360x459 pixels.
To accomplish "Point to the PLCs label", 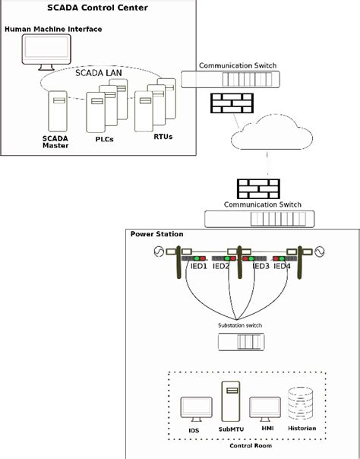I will click(x=104, y=138).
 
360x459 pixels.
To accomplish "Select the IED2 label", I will click(x=221, y=267).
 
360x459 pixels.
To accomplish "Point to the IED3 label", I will click(x=260, y=267).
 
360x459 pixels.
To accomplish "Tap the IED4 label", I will click(x=283, y=267).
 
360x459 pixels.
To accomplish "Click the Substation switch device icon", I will click(x=239, y=343).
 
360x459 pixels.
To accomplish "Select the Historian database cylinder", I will click(x=301, y=403).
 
